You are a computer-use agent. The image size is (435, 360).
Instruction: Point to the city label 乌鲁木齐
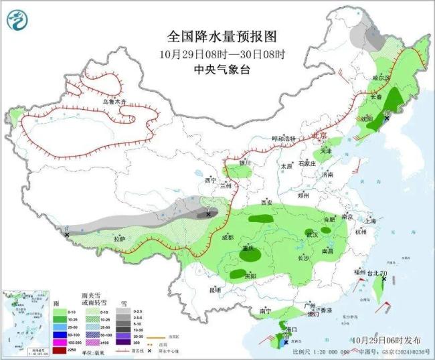pyautogui.click(x=113, y=101)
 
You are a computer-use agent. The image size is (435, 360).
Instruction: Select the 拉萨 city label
pyautogui.click(x=119, y=239)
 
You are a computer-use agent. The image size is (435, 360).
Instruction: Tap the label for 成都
pyautogui.click(x=227, y=237)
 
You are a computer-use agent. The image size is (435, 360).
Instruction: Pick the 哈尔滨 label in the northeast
pyautogui.click(x=381, y=78)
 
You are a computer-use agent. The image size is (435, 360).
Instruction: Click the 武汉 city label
pyautogui.click(x=312, y=234)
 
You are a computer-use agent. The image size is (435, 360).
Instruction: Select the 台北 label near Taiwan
pyautogui.click(x=369, y=274)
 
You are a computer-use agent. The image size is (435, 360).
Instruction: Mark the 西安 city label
pyautogui.click(x=266, y=202)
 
